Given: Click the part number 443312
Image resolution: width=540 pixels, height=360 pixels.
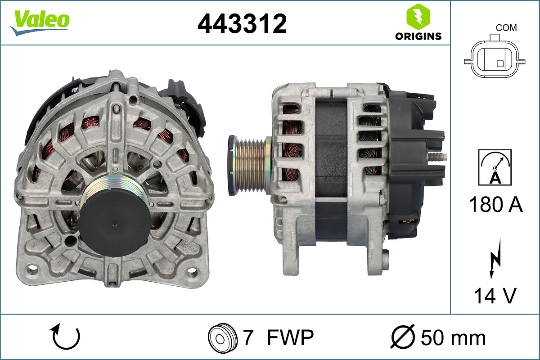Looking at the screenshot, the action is point(242,23).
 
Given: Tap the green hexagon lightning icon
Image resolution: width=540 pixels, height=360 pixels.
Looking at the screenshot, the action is point(418,17).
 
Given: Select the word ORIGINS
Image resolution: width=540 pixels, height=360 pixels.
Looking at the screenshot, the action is point(418,36).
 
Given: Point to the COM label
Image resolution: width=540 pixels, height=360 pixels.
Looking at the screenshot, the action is point(506,28).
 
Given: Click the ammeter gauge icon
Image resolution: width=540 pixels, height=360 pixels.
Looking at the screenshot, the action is point(495,167).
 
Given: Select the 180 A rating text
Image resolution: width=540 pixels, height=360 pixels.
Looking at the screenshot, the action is point(495,204).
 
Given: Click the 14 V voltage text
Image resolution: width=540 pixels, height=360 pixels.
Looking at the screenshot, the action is point(495,296).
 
